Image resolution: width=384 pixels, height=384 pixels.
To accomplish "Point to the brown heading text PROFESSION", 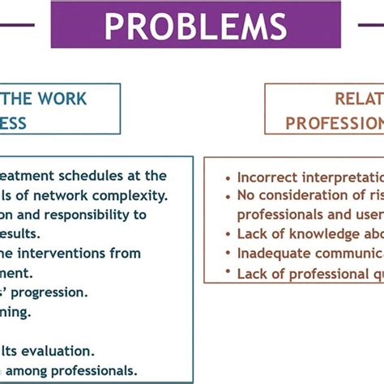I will pos(335,123).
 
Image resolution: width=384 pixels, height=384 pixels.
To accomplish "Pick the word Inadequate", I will pos(274,254).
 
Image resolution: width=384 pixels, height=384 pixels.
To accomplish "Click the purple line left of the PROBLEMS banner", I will pos(17,24).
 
